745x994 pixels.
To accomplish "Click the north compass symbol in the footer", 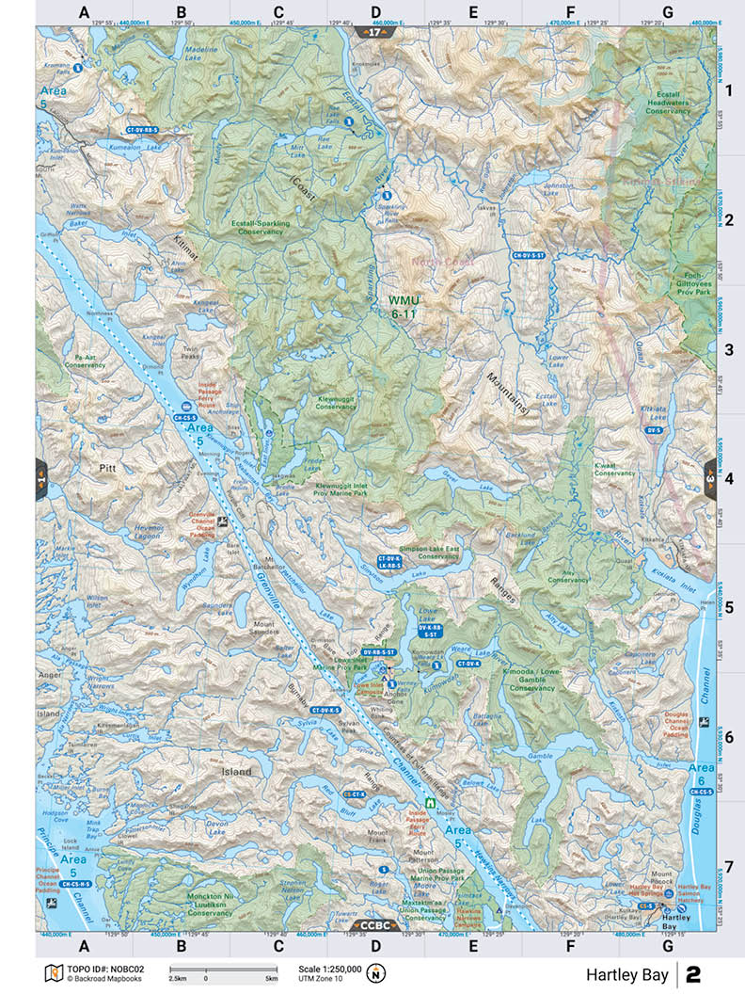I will [375, 972].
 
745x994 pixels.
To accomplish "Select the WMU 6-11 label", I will [404, 307].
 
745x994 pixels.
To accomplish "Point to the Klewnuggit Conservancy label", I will [336, 402].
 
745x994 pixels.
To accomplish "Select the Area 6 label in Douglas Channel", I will [701, 775].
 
